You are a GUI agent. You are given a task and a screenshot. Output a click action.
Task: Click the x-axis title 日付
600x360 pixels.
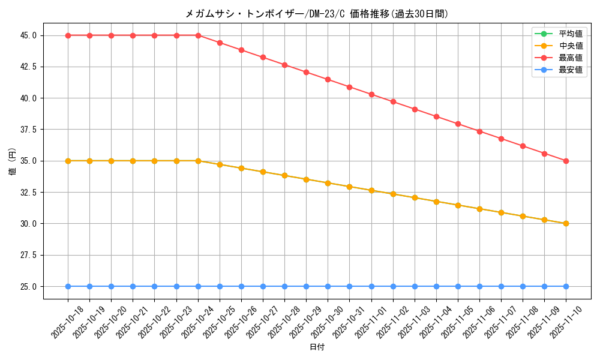[x=317, y=347]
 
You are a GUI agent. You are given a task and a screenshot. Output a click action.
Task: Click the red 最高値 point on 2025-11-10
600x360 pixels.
[x=566, y=161]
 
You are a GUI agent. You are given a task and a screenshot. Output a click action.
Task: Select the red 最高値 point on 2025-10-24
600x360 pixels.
[x=198, y=35]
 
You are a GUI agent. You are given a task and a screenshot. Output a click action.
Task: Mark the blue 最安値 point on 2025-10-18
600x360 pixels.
[x=68, y=286]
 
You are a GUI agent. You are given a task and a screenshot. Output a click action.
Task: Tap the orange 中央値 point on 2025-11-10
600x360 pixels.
[x=566, y=223]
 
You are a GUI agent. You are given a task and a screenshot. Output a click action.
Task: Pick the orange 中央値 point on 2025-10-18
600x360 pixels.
[x=68, y=161]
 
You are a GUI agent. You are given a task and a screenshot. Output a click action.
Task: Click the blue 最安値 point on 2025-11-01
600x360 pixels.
[x=371, y=286]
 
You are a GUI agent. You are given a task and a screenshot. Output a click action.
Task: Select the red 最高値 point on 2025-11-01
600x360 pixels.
[x=371, y=94]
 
